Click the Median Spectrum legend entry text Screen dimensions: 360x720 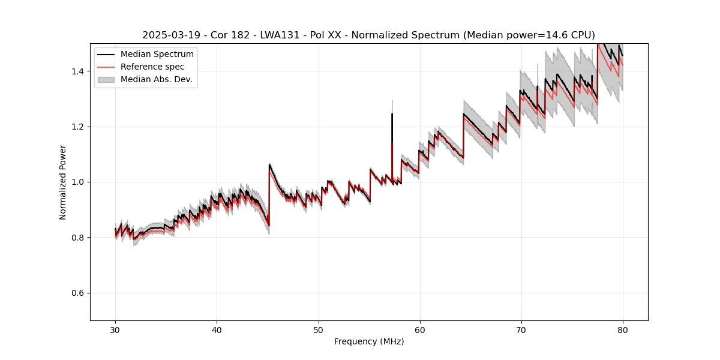pos(157,55)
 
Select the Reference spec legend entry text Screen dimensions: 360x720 pos(152,67)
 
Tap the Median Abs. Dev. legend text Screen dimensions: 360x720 pos(157,79)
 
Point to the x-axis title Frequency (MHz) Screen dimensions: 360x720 pos(369,341)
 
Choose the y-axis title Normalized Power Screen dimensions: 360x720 pos(63,182)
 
